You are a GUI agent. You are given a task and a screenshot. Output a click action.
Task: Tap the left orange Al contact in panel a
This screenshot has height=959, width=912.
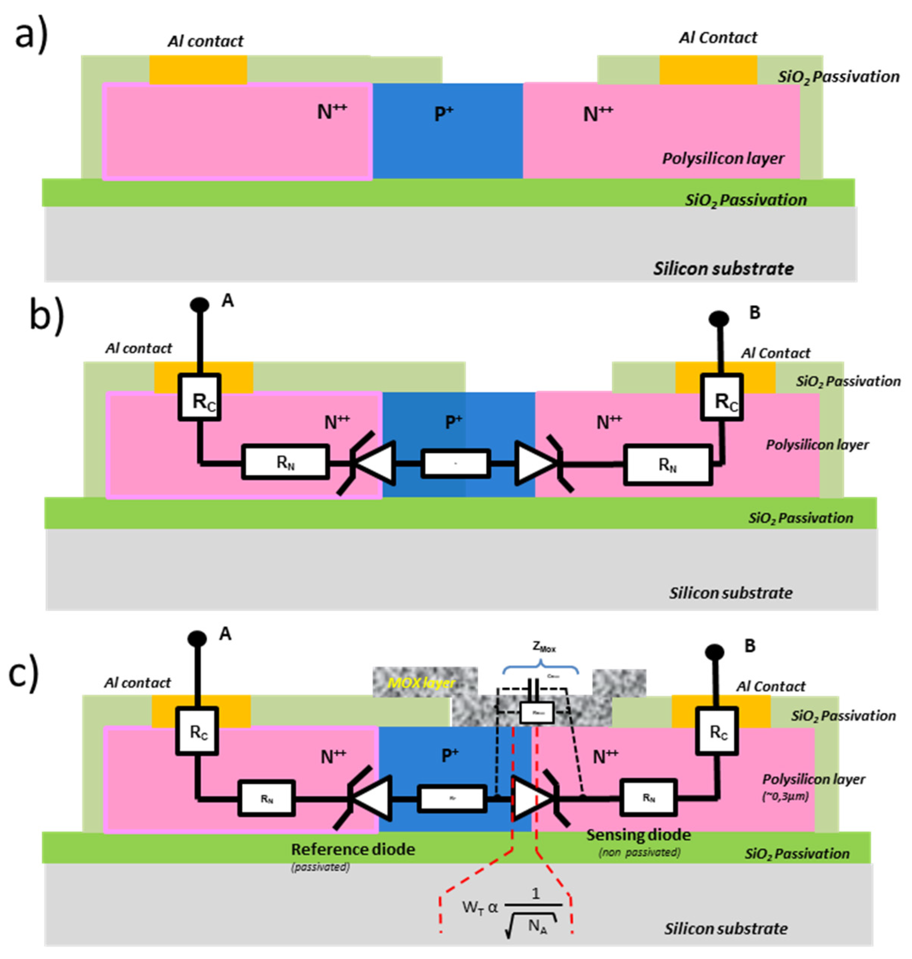pyautogui.click(x=198, y=70)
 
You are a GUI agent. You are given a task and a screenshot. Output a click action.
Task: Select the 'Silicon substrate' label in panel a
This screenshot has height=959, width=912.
pyautogui.click(x=723, y=269)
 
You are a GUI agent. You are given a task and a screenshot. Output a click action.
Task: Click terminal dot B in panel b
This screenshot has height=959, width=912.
pyautogui.click(x=718, y=319)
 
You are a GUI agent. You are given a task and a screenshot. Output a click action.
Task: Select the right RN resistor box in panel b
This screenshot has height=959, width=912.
pyautogui.click(x=668, y=465)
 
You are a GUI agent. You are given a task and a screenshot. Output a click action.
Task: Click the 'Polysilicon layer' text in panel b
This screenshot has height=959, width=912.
pyautogui.click(x=817, y=444)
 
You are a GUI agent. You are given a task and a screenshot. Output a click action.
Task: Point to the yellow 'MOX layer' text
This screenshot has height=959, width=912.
pyautogui.click(x=421, y=683)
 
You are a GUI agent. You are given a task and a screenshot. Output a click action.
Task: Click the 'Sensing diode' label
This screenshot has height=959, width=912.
pyautogui.click(x=638, y=834)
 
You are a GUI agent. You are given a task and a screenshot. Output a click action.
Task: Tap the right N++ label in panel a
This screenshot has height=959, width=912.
pyautogui.click(x=598, y=114)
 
